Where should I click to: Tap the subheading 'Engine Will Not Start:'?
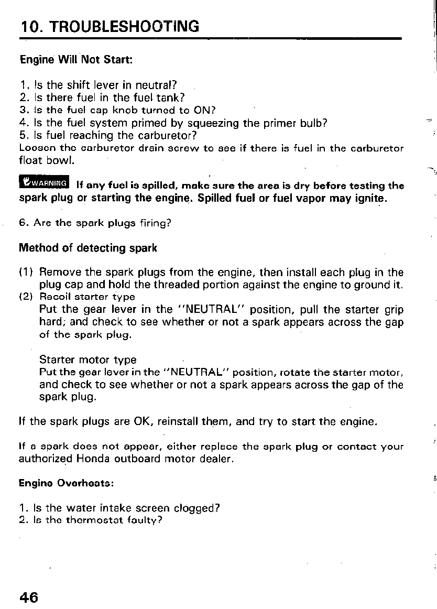(x=76, y=59)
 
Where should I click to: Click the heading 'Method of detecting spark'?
(x=88, y=247)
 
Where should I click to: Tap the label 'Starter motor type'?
(x=88, y=360)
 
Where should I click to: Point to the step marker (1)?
(x=27, y=273)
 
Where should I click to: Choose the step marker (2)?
(x=27, y=297)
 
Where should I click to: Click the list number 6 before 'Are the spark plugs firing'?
(x=23, y=223)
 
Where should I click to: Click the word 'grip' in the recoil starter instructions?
(x=392, y=309)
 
